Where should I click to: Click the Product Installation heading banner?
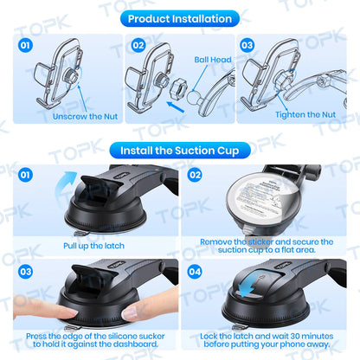179,18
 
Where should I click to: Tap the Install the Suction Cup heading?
179,150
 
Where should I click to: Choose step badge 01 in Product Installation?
24,44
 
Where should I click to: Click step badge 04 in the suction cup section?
195,272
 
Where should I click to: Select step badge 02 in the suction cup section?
195,174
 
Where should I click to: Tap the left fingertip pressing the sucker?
39,313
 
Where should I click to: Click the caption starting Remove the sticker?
267,247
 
